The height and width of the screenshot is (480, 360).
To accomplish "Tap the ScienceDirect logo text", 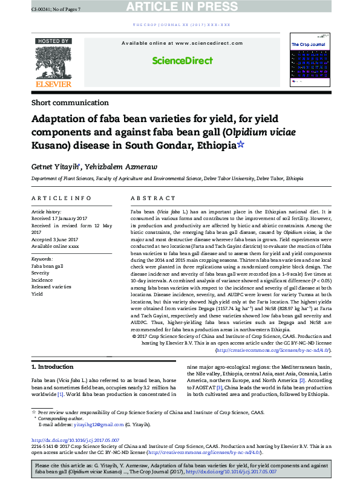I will (x=182, y=60).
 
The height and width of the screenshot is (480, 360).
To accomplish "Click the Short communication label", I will (x=70, y=103).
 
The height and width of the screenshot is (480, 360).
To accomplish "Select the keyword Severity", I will (x=41, y=273).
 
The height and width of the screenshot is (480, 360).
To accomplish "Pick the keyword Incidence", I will (x=42, y=279).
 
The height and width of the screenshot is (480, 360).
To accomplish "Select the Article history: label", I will (x=46, y=212).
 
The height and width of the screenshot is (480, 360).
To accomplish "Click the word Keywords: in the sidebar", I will (x=42, y=259).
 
